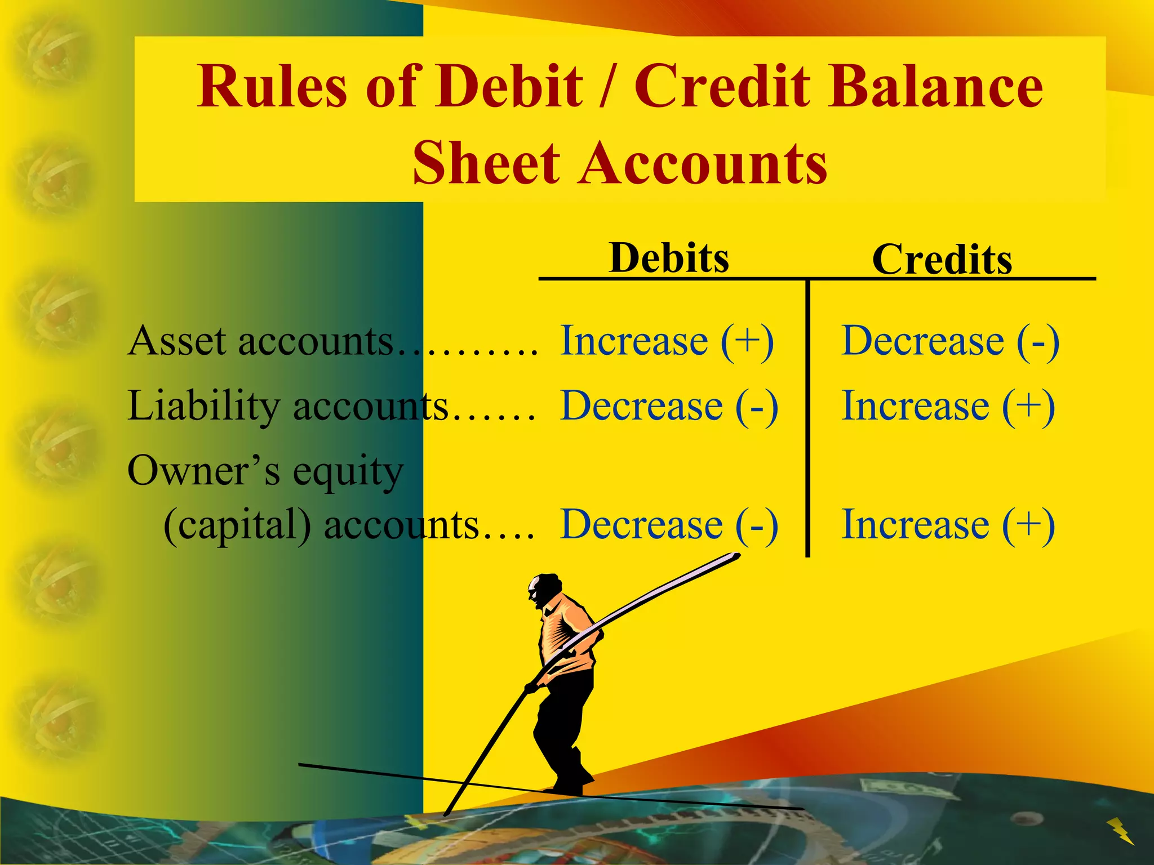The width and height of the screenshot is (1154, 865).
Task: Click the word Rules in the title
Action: pos(272,87)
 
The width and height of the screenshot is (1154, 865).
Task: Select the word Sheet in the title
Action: pos(486,163)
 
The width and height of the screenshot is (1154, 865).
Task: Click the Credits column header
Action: pos(942,260)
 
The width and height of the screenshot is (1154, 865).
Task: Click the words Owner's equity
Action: pos(265,471)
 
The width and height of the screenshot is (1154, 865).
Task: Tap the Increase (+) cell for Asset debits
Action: pos(667,341)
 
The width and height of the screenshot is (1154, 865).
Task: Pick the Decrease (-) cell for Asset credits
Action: pos(950,341)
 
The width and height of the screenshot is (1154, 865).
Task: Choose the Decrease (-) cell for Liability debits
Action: pos(669,406)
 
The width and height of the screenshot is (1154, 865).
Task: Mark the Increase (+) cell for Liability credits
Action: pos(948,406)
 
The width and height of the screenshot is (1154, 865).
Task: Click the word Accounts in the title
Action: pos(704,163)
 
